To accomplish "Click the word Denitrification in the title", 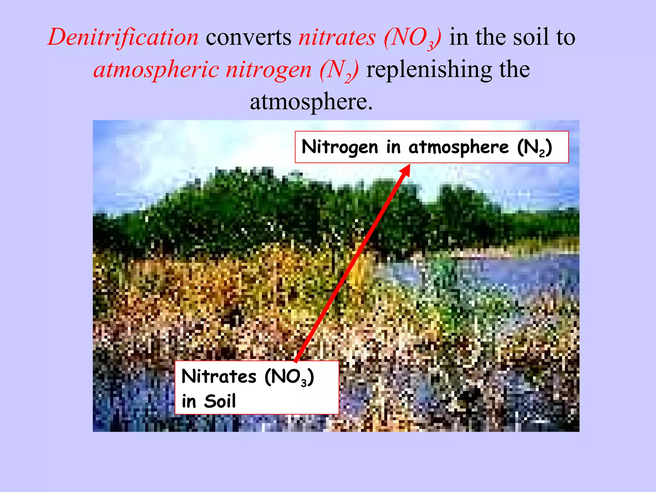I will point(123,37).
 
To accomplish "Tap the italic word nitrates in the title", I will point(337,37).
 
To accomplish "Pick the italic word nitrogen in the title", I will point(268,70).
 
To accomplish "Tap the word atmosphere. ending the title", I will point(311,102).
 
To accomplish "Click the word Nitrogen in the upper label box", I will point(340,147).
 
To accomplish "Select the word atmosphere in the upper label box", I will point(458,147).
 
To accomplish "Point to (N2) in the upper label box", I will point(535,147).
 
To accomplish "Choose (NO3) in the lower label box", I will point(289,377).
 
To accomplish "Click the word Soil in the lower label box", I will point(220,401).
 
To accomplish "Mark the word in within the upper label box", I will point(393,147).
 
